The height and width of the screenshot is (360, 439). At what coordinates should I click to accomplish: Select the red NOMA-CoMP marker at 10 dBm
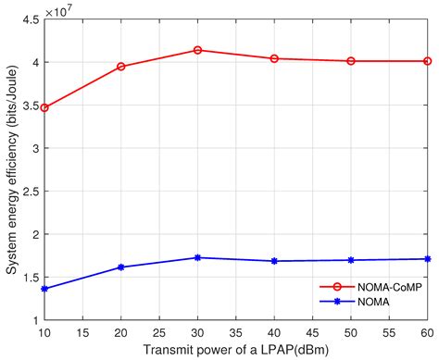click(44, 108)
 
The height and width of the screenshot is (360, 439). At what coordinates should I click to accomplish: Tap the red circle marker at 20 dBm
click(121, 67)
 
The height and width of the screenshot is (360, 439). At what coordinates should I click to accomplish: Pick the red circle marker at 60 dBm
click(427, 61)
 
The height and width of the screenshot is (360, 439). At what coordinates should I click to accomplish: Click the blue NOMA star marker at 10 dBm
click(44, 289)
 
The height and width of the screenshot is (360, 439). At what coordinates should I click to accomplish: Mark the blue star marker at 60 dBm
click(427, 259)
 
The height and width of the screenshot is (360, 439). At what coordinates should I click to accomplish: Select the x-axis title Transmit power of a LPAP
click(236, 348)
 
